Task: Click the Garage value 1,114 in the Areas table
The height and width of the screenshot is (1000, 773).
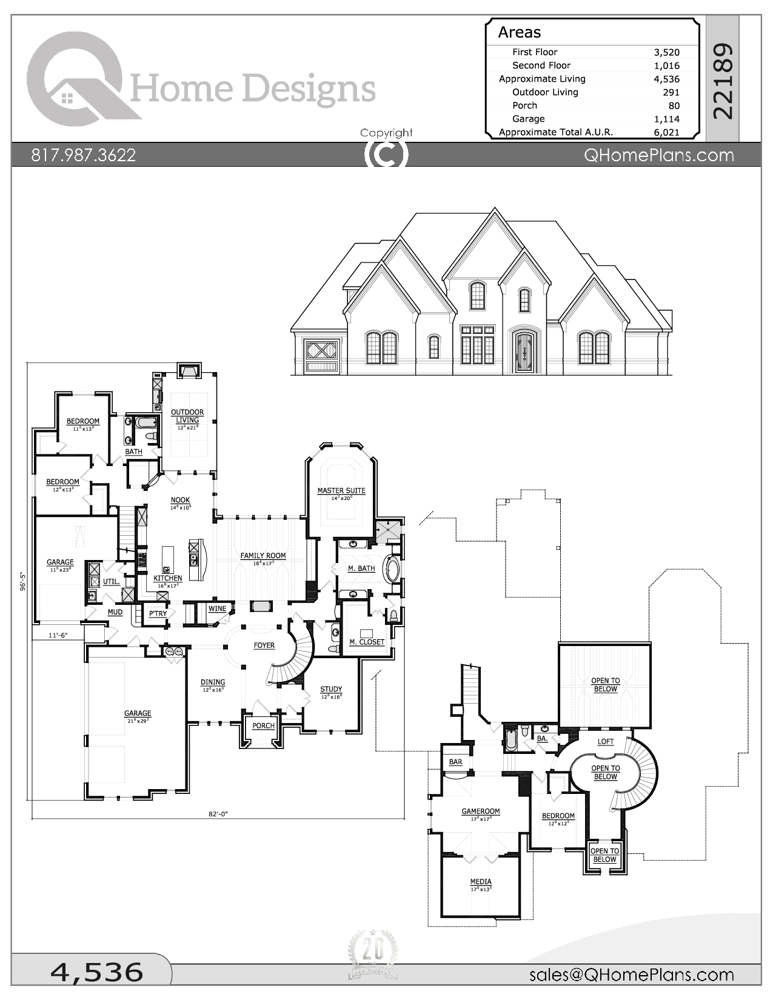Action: point(666,119)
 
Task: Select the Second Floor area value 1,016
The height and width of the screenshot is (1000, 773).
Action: point(666,65)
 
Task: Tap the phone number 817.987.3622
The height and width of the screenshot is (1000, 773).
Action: point(83,155)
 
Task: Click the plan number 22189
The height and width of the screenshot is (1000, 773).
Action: point(723,81)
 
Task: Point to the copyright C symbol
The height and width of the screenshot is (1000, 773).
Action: point(386,155)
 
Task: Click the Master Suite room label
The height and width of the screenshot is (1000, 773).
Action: point(341,491)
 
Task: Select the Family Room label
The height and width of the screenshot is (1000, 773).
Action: point(263,556)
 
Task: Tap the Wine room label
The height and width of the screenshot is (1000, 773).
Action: point(217,608)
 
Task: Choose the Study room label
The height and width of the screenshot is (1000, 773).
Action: point(331,689)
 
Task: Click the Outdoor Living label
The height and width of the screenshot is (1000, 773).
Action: point(187,416)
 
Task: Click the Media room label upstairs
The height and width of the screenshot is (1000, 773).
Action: point(481,882)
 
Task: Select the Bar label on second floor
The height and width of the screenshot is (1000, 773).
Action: point(455,762)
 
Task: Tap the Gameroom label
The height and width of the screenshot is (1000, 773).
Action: point(481,811)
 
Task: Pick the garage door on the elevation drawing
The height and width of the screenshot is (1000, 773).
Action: point(321,357)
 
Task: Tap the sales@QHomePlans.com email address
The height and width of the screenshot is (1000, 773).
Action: point(631,975)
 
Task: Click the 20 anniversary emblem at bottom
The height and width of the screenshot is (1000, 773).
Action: point(373,955)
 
